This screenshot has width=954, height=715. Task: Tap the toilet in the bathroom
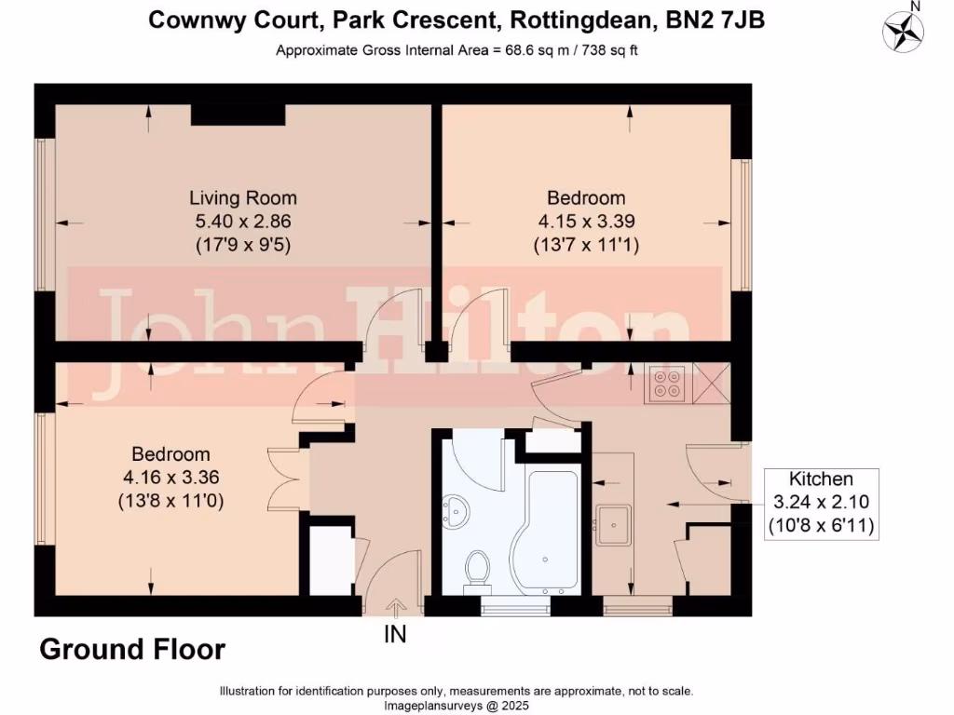pos(478,567)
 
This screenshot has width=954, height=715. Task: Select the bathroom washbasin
pos(457,511)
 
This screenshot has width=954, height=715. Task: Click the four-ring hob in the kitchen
pos(667,384)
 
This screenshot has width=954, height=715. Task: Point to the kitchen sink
pos(616,524)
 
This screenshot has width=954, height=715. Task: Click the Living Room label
pos(243,197)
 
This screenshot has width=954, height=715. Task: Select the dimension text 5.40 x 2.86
pos(243,222)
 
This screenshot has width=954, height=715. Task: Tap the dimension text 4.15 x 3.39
pos(586,222)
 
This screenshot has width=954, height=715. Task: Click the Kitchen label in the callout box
pos(821,479)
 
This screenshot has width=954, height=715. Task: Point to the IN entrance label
pos(395,635)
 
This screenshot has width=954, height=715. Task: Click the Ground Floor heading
pos(131,649)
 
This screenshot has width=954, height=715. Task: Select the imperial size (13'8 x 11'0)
pos(170,501)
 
